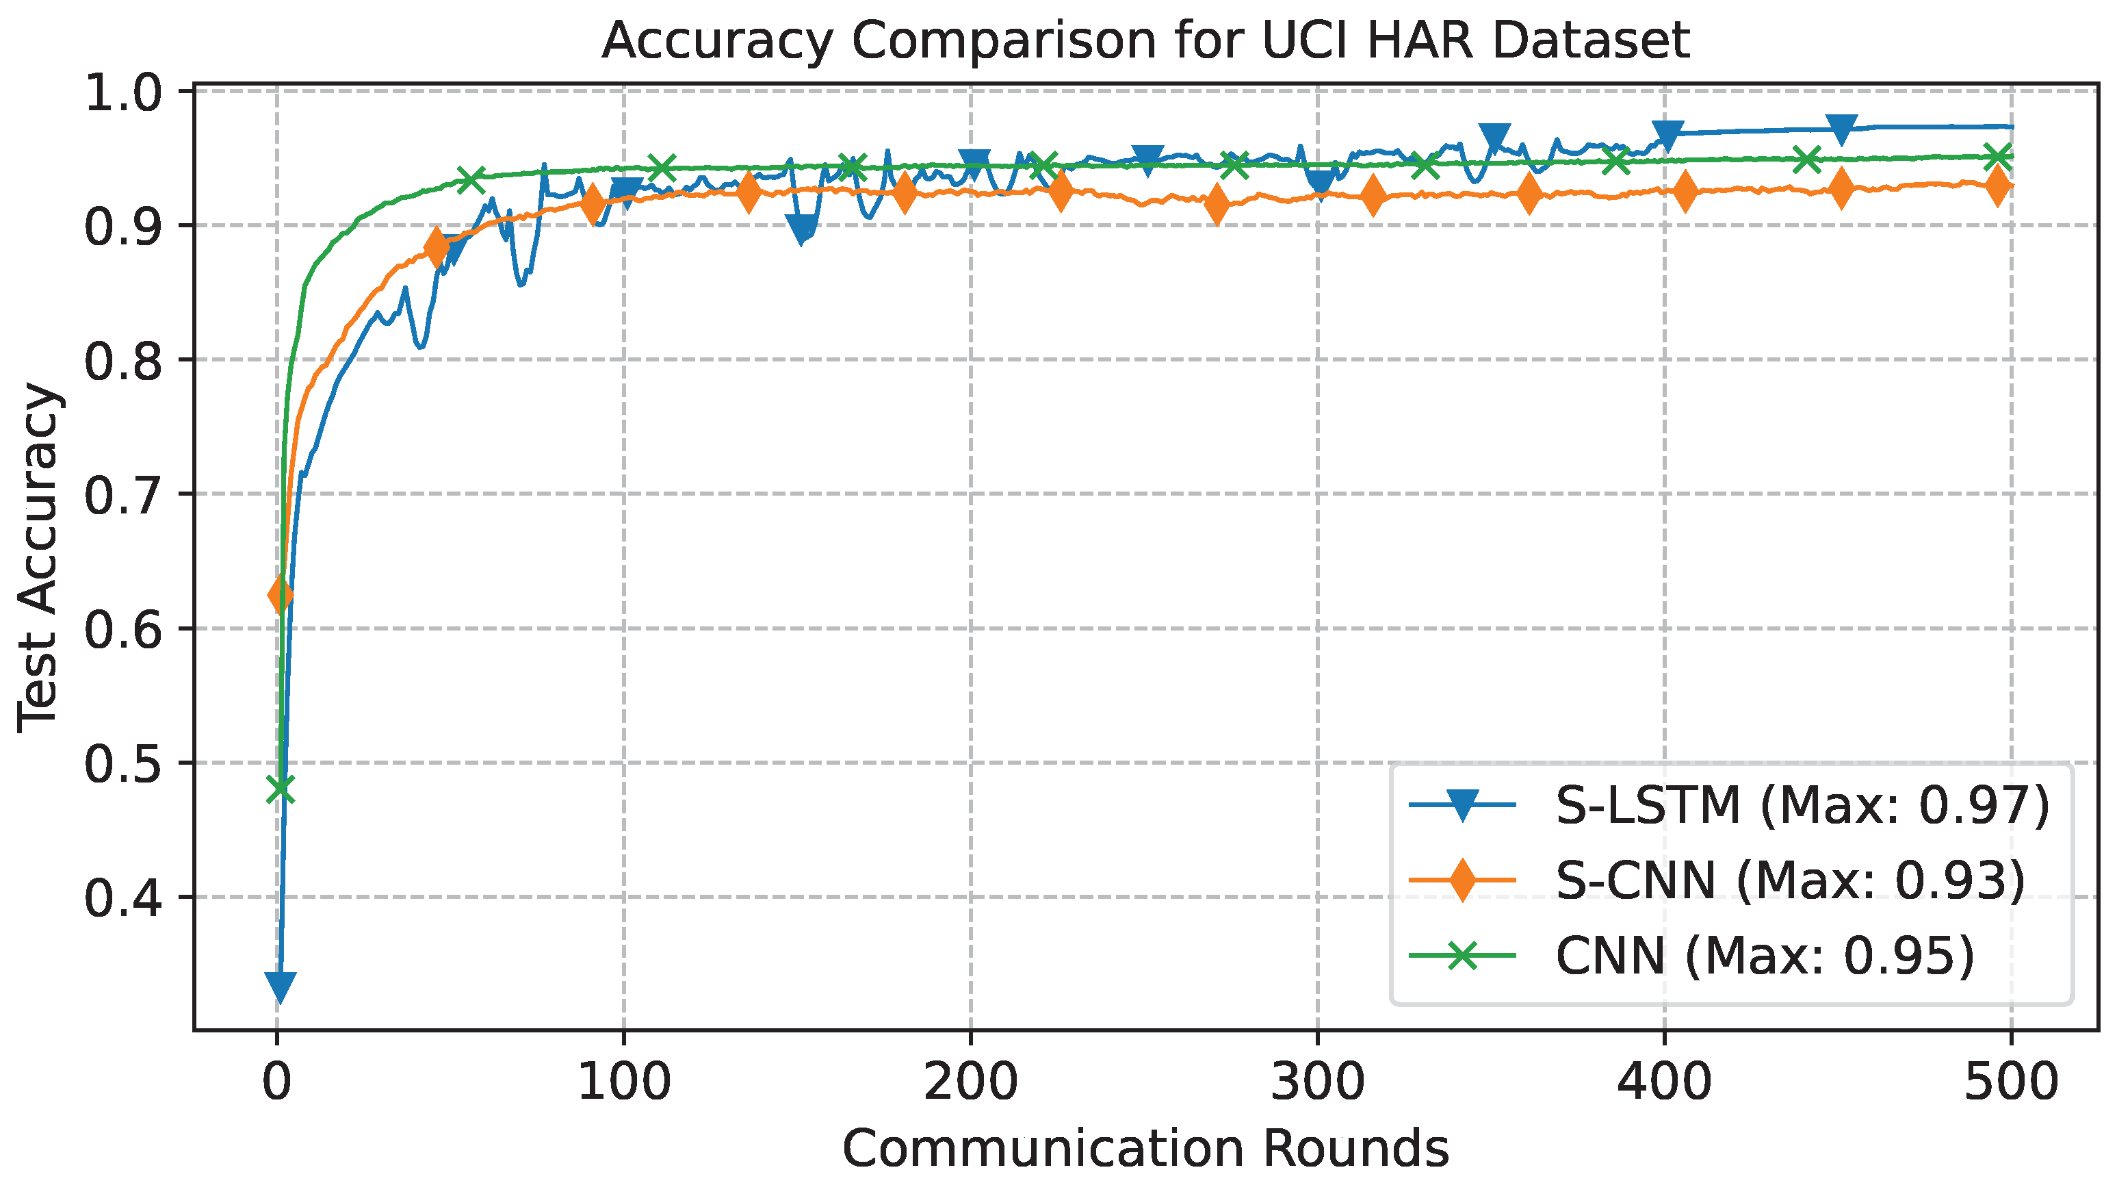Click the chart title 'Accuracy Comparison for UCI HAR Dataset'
(1145, 41)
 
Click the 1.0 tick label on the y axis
(123, 93)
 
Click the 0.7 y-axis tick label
(123, 496)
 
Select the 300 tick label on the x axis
(1317, 1082)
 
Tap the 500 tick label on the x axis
(2010, 1082)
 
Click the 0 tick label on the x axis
(277, 1082)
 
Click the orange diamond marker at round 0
(281, 594)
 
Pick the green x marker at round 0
(281, 789)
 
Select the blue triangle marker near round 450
(1842, 130)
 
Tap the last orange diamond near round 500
(1998, 186)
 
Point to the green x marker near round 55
(471, 179)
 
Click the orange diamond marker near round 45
(437, 246)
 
